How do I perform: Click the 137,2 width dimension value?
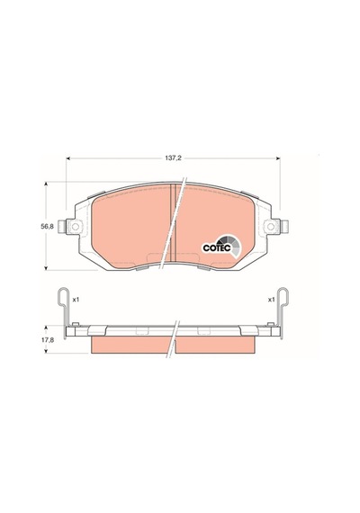pyautogui.click(x=173, y=158)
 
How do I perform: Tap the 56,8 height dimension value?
pyautogui.click(x=47, y=227)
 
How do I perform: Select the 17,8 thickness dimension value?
pyautogui.click(x=48, y=339)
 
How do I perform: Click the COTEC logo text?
pyautogui.click(x=217, y=248)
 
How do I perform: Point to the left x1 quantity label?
pyautogui.click(x=76, y=300)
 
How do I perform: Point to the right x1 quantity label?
pyautogui.click(x=271, y=300)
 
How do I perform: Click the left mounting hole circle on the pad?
pyautogui.click(x=76, y=227)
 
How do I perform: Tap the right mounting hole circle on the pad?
pyautogui.click(x=271, y=227)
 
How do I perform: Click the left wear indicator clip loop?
pyautogui.click(x=64, y=296)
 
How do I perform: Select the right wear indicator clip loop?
pyautogui.click(x=283, y=296)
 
